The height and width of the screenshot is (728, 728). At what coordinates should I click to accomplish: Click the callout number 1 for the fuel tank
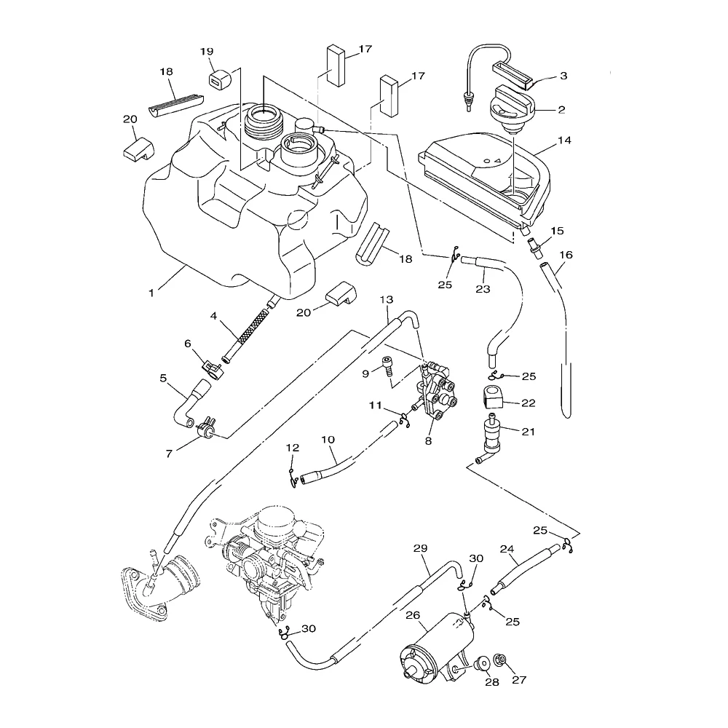(151, 293)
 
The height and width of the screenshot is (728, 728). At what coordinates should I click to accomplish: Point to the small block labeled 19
(216, 79)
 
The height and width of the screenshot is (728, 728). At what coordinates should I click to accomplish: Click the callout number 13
(386, 300)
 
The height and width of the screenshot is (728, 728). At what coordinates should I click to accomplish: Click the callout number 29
(420, 548)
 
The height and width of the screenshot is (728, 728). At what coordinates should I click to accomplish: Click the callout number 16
(566, 255)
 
